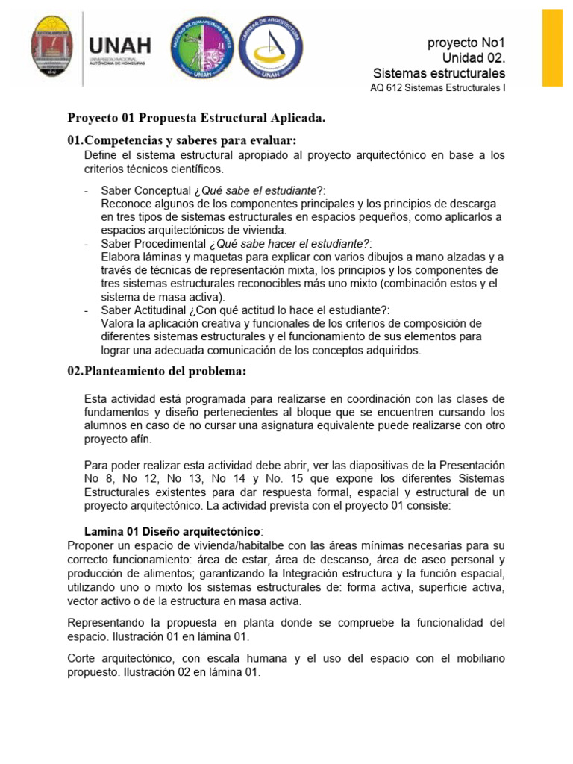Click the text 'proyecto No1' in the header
coord(466,43)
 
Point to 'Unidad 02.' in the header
coord(473,58)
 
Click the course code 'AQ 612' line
coord(437,90)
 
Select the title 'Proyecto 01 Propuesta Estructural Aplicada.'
coord(197,118)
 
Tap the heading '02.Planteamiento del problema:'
coord(156,371)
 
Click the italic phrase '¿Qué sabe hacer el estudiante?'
coord(289,244)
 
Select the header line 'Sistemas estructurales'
coord(439,73)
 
